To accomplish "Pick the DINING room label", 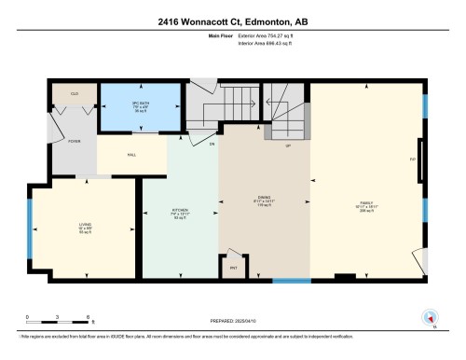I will [x=263, y=199].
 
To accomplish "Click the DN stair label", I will [x=212, y=145].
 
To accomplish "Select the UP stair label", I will [x=288, y=146].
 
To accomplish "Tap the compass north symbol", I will [x=430, y=317].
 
